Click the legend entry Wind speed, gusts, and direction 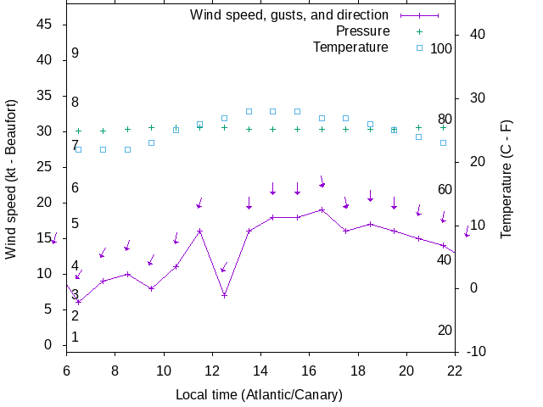point(288,14)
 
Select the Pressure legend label point(362,31)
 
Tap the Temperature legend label point(350,47)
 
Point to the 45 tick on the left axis point(46,25)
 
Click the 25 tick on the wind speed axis point(46,167)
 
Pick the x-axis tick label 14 point(260,370)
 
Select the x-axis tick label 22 point(455,370)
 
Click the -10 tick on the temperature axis point(476,351)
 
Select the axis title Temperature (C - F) point(507,178)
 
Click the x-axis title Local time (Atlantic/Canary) point(259,395)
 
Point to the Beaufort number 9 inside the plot point(76,53)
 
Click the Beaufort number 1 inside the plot point(76,337)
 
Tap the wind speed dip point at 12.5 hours point(224,295)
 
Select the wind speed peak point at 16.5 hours point(322,209)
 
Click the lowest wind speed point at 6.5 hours point(78,302)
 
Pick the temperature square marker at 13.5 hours point(249,111)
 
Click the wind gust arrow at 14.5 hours point(272,189)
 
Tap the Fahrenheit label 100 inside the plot point(441,48)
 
